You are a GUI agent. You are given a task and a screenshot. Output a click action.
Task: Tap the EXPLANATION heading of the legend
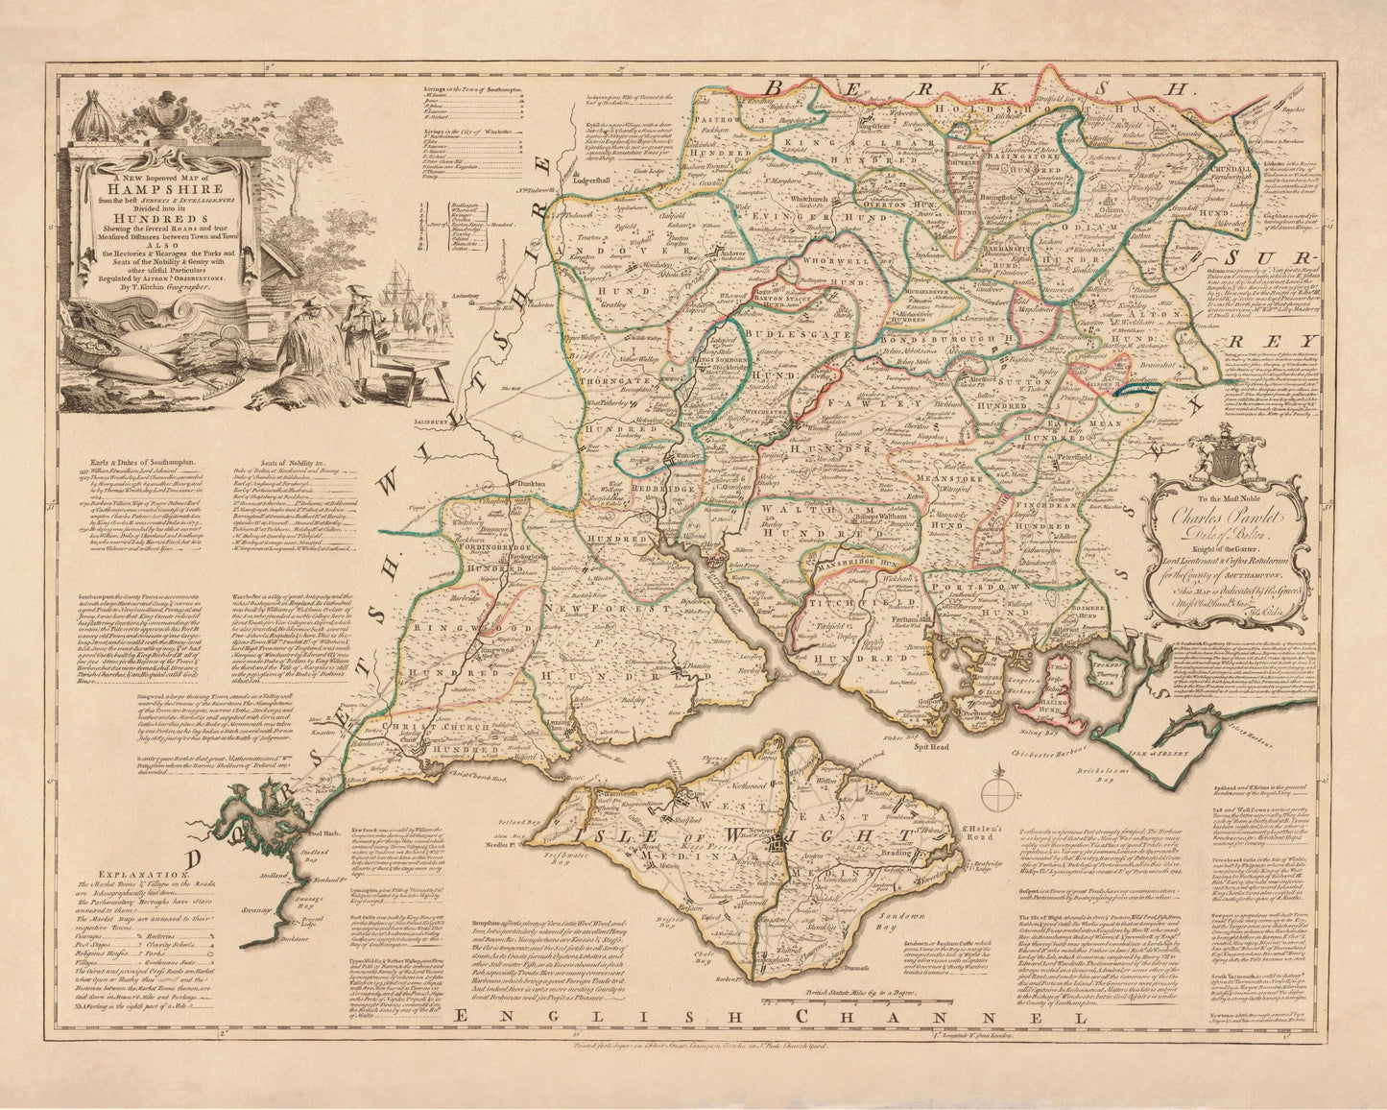[141, 875]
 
